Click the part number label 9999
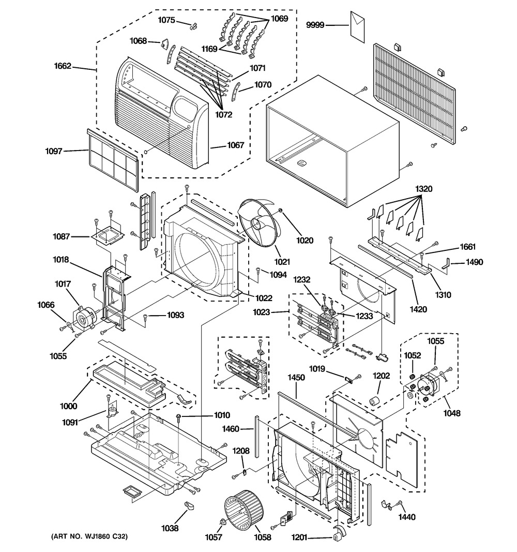point(315,25)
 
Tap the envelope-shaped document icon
point(357,26)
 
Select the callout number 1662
point(63,66)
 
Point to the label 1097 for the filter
point(53,151)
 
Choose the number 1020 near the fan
point(305,241)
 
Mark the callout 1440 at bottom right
point(407,517)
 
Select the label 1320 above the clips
point(423,189)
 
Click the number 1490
point(475,262)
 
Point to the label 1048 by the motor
point(451,413)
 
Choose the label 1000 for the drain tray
point(69,406)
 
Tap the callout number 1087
point(62,236)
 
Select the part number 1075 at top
point(166,20)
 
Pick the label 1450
point(296,377)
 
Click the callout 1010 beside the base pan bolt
point(222,415)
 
